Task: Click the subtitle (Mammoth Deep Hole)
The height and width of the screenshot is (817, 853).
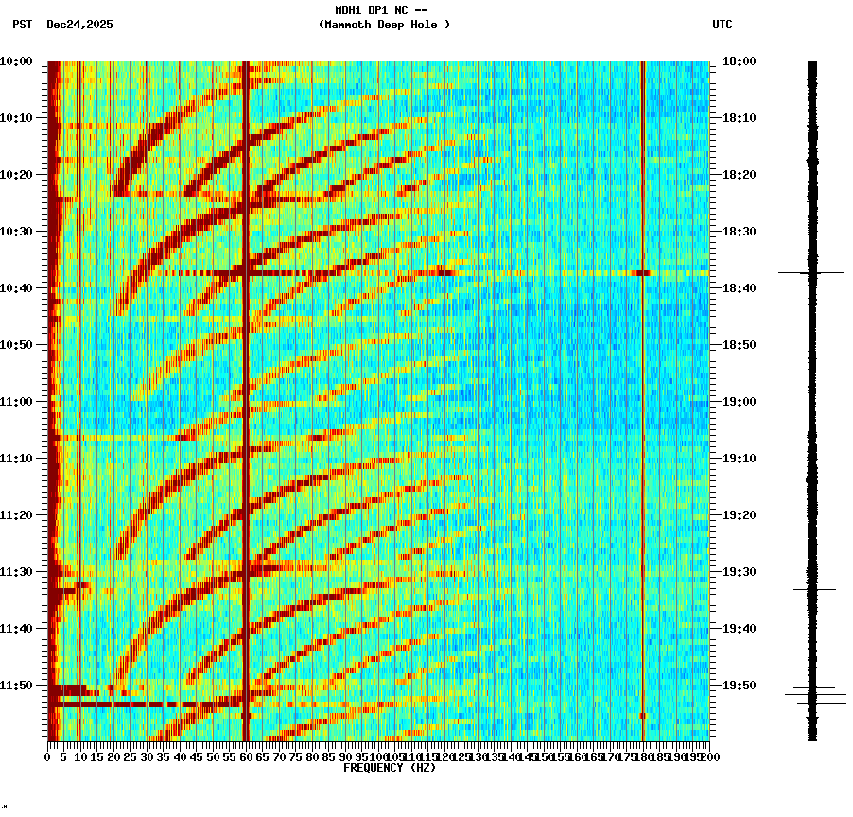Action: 384,25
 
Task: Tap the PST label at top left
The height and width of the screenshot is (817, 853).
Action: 22,25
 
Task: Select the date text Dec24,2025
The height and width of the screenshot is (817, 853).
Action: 79,25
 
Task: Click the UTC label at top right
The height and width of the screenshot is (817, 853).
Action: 722,25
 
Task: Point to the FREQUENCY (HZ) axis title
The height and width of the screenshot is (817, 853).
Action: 390,768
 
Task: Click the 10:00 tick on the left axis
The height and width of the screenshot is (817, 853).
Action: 16,61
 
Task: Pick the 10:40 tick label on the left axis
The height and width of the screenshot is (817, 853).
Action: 16,287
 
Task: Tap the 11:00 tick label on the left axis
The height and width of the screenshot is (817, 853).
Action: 16,401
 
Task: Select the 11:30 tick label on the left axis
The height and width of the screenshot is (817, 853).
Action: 16,571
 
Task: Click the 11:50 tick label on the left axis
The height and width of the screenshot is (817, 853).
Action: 16,685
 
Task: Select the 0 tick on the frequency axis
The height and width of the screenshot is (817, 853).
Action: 48,756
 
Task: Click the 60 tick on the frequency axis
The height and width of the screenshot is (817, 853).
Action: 246,756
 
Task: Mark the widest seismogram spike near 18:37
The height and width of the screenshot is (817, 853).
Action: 811,272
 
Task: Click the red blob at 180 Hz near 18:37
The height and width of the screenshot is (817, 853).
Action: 643,272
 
